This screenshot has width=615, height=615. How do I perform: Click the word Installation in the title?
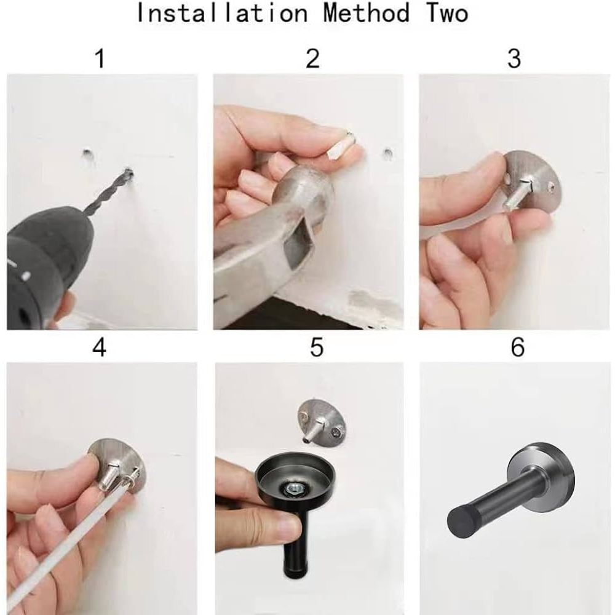[x=221, y=13]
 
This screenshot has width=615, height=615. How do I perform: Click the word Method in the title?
[x=367, y=13]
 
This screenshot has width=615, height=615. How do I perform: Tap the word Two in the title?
[x=446, y=13]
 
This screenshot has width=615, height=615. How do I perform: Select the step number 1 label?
[x=100, y=58]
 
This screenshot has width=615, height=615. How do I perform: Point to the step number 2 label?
[x=312, y=58]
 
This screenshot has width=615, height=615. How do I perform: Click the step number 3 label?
[x=514, y=58]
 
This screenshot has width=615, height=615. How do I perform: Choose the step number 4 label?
[x=99, y=347]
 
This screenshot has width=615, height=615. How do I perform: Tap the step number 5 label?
[x=317, y=347]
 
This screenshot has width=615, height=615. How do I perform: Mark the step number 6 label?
[x=518, y=347]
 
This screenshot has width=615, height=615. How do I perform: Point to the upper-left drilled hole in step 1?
[x=87, y=153]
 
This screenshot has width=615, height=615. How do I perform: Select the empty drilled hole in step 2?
[x=387, y=153]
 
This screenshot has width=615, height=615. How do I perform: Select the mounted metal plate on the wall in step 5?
[x=322, y=422]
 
